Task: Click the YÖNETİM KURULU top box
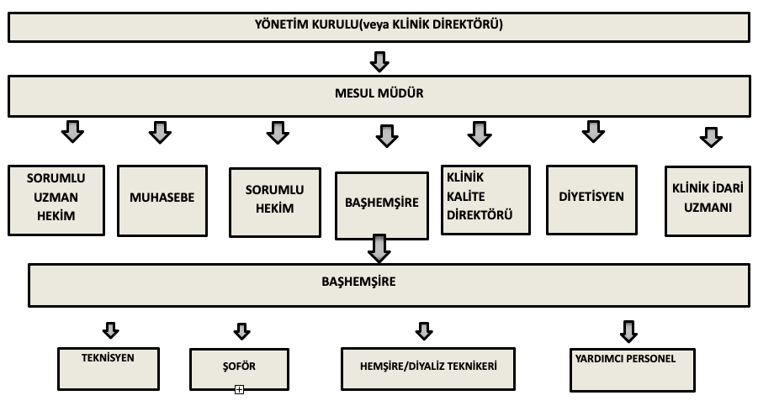379,27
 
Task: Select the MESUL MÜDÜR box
379,96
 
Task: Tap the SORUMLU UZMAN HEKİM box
56,200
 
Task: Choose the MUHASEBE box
162,201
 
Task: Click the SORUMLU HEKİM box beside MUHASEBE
274,203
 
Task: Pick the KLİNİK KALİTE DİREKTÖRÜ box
485,200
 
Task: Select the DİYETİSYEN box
591,200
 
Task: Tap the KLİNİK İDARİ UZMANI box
708,201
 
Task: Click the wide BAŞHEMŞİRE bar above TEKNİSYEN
389,285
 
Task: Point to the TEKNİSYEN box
109,369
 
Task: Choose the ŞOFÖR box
239,369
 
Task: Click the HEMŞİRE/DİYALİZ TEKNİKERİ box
428,369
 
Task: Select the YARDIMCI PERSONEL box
633,370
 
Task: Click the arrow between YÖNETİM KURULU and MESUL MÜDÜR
379,62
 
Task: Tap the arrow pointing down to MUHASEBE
160,132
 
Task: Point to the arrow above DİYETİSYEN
593,131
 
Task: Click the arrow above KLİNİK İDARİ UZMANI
711,137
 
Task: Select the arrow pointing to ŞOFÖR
241,331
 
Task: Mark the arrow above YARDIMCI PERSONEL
628,332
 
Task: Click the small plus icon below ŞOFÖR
239,389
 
